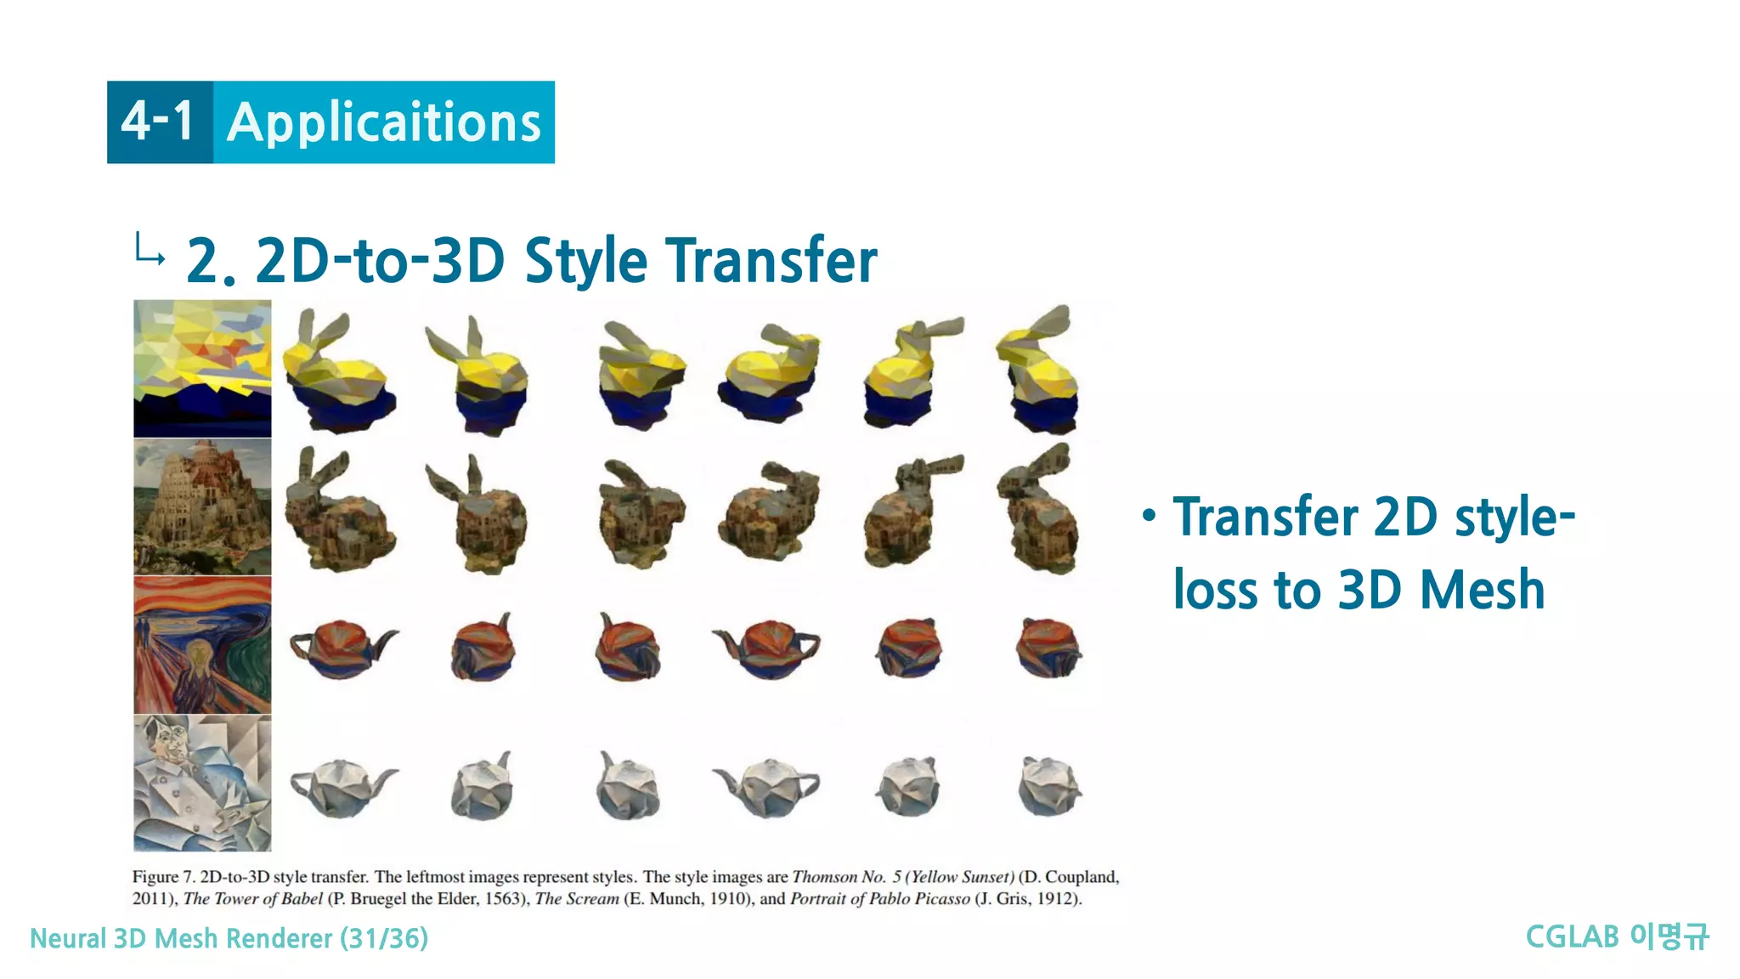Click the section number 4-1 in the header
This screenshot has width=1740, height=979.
[158, 122]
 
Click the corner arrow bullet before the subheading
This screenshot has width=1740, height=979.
[150, 250]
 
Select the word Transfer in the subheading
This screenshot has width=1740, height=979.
[771, 260]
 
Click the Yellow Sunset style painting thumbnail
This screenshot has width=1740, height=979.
[202, 368]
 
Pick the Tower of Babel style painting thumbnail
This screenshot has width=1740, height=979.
[202, 507]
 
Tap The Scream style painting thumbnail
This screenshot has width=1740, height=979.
[202, 645]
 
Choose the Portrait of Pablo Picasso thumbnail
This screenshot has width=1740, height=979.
[202, 783]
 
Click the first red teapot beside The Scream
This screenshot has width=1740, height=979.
[342, 648]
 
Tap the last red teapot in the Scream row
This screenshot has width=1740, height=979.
[1048, 648]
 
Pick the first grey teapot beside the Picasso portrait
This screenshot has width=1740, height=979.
[342, 786]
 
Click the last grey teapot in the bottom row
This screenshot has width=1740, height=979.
[1048, 786]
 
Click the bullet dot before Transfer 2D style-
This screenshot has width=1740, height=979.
[1149, 515]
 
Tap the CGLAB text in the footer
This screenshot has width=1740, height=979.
[1572, 937]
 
